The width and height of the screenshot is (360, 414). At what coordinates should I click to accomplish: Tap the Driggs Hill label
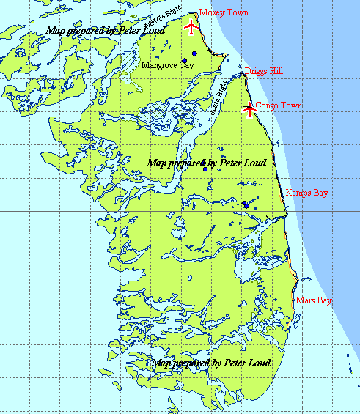(263, 71)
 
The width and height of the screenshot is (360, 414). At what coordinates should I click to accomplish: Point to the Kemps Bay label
(307, 193)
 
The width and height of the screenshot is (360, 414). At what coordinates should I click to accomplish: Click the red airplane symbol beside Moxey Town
(191, 28)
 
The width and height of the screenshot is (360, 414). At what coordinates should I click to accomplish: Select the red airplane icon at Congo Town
(250, 110)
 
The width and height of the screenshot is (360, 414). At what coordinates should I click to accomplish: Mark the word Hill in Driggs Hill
(274, 71)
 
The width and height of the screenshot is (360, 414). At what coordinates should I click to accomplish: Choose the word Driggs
(255, 71)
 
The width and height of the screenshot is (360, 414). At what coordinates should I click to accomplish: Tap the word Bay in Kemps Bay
(320, 193)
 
